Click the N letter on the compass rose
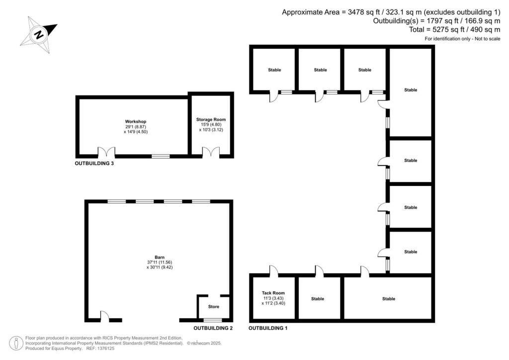38,35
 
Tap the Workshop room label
136,121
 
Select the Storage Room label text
211,119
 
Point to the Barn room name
160,257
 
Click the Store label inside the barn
214,306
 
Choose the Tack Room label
273,293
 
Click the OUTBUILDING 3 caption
94,163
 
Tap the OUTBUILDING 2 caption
213,328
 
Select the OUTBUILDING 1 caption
268,328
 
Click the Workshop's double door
106,152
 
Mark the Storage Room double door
211,152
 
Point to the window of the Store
213,320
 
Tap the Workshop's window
160,156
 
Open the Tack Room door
273,271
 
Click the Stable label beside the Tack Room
318,299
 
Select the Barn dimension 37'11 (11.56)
160,262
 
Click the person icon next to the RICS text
16,343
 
